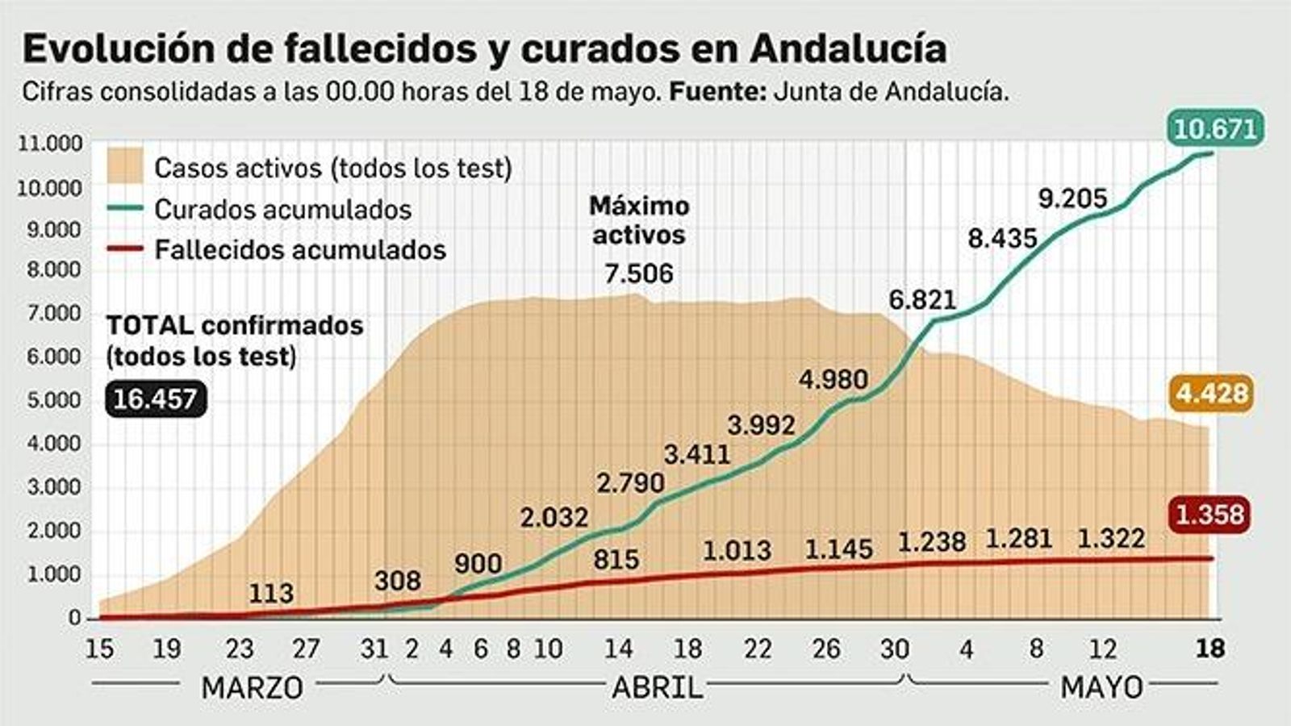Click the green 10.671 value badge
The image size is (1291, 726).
pyautogui.click(x=1215, y=129)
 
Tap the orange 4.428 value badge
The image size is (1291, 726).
pyautogui.click(x=1212, y=394)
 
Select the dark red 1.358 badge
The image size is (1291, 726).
pyautogui.click(x=1210, y=514)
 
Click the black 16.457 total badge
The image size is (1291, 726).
pyautogui.click(x=156, y=399)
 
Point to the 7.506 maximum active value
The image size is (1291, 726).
pyautogui.click(x=638, y=273)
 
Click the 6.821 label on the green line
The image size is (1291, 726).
pyautogui.click(x=922, y=300)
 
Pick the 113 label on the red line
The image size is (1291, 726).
pyautogui.click(x=271, y=594)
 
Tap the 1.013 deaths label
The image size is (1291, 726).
pyautogui.click(x=737, y=551)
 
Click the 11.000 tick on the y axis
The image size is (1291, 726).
pyautogui.click(x=50, y=144)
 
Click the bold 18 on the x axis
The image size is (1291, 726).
pyautogui.click(x=1210, y=649)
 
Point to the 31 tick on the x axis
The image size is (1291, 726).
pyautogui.click(x=374, y=649)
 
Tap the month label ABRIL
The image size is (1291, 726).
pyautogui.click(x=657, y=688)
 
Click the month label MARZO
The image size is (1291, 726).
pyautogui.click(x=252, y=688)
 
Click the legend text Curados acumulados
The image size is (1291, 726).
pyautogui.click(x=282, y=210)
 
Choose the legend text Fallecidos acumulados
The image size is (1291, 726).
pyautogui.click(x=300, y=250)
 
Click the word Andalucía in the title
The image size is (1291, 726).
pyautogui.click(x=848, y=49)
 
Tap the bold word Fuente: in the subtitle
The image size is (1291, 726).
pyautogui.click(x=718, y=92)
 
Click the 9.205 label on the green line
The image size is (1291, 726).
pyautogui.click(x=1072, y=198)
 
